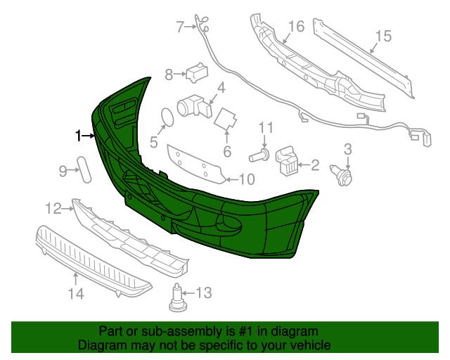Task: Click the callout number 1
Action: pos(79,134)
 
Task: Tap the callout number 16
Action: pos(296,27)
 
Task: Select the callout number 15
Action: pos(382,36)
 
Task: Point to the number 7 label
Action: pos(180,27)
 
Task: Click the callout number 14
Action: pos(75,294)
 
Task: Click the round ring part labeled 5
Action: pos(167,117)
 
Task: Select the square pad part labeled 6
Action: pos(225,119)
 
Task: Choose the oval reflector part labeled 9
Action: pos(84,169)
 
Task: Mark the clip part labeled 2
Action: pos(287,160)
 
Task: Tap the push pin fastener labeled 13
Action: pos(177,300)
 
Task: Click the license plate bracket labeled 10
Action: pos(195,164)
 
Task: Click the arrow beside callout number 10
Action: pos(229,179)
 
